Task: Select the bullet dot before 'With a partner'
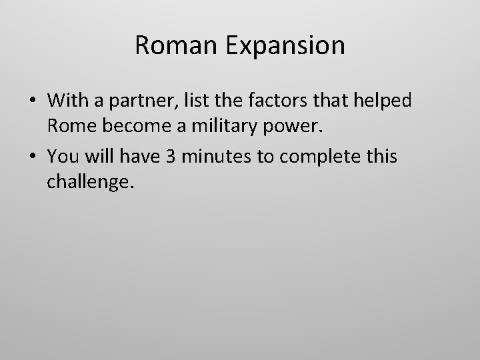[x=31, y=101]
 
